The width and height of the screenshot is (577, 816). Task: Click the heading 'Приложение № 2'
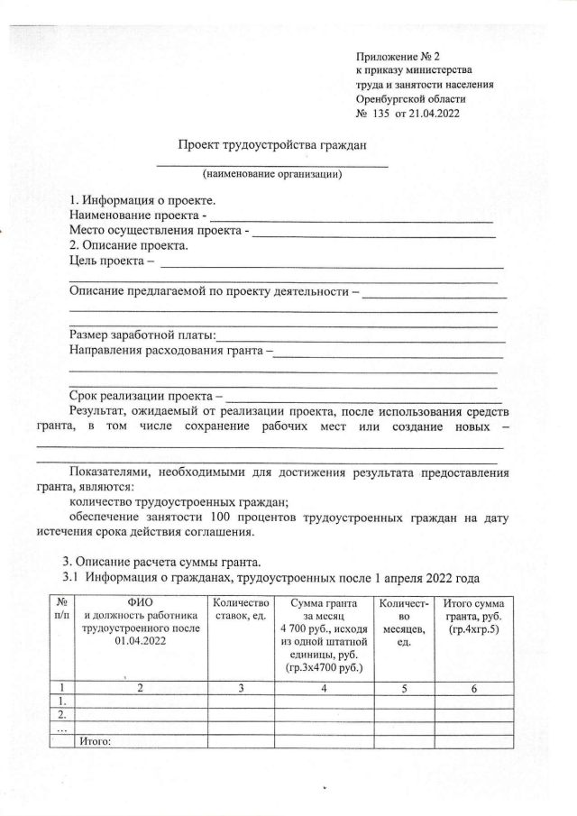pos(396,56)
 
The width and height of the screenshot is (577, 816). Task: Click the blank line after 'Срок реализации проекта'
pos(365,398)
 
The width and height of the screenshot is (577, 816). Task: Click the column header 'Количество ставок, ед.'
pos(239,609)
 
